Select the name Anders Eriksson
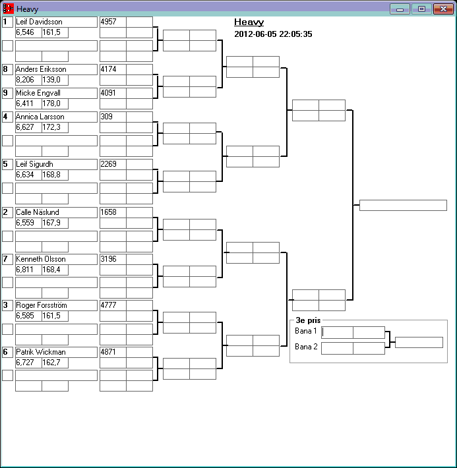[x=41, y=69]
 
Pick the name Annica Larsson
[x=40, y=117]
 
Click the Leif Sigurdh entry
[x=35, y=164]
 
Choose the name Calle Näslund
[x=37, y=212]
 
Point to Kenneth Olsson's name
[x=40, y=259]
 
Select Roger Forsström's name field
[x=42, y=305]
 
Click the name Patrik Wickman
[x=40, y=352]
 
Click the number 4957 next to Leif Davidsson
[x=109, y=22]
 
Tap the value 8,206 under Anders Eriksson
[x=25, y=80]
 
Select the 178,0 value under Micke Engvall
[x=51, y=103]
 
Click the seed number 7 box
[x=7, y=259]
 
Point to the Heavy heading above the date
[x=249, y=22]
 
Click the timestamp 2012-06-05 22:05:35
[x=273, y=34]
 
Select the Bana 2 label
[x=306, y=347]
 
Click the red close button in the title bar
[x=441, y=9]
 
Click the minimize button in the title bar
[x=400, y=9]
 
